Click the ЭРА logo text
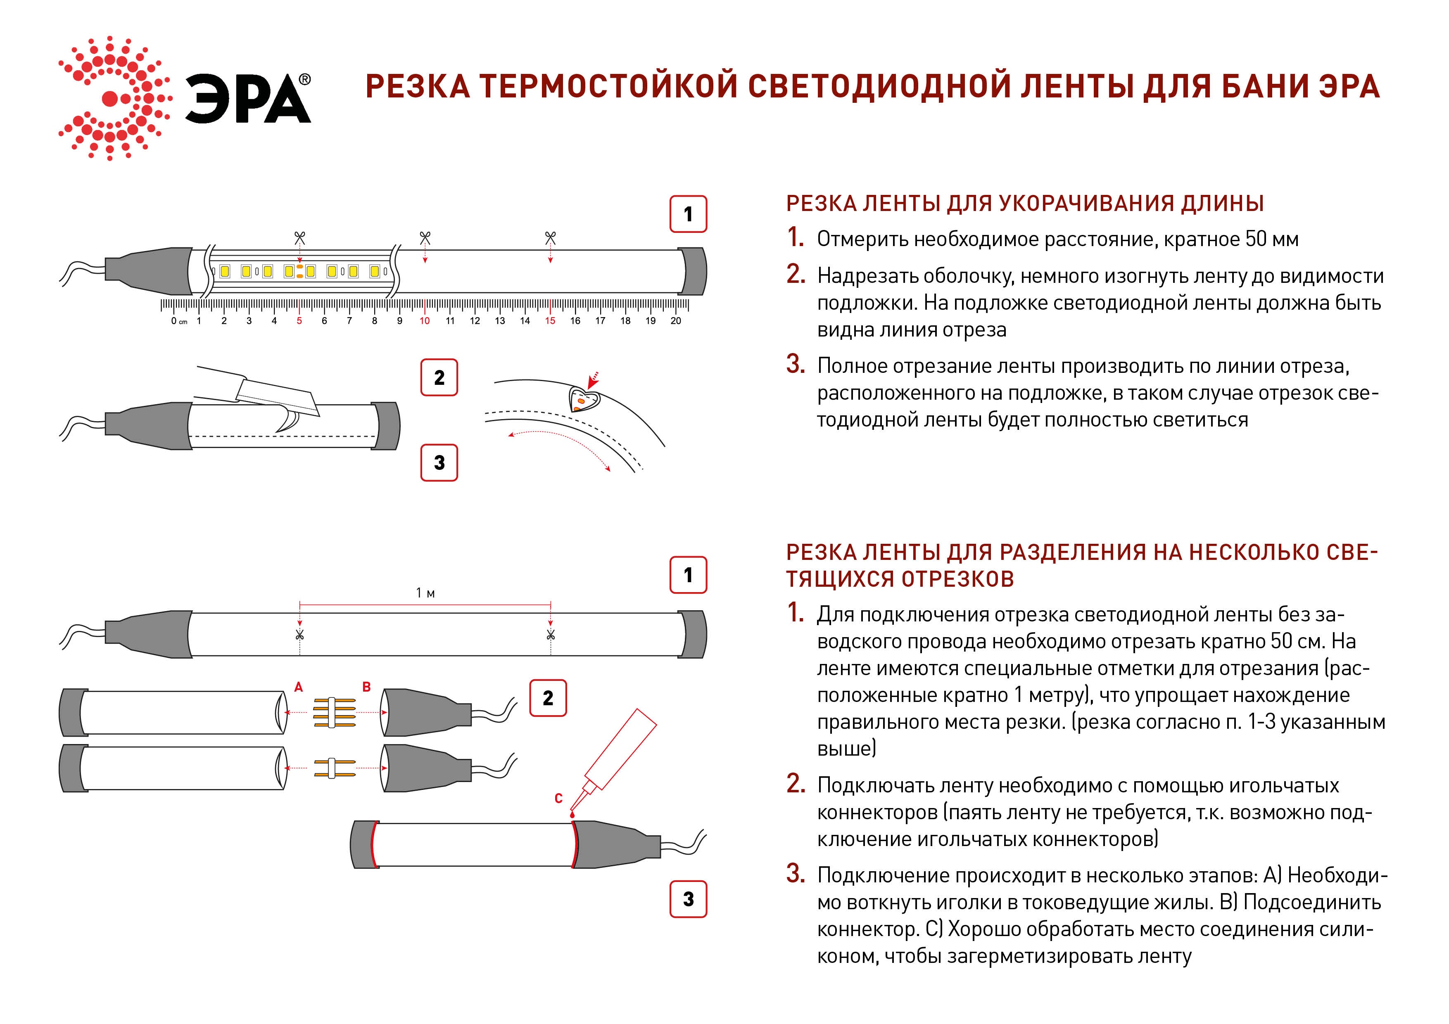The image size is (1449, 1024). pyautogui.click(x=247, y=99)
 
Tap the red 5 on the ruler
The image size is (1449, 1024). pyautogui.click(x=299, y=320)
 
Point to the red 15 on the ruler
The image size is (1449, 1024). pyautogui.click(x=550, y=320)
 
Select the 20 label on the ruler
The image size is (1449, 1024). pyautogui.click(x=675, y=320)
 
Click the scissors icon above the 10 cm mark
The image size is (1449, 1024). pyautogui.click(x=425, y=238)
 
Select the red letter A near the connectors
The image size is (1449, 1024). pyautogui.click(x=299, y=687)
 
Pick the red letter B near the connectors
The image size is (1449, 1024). pyautogui.click(x=366, y=687)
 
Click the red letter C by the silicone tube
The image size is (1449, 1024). pyautogui.click(x=558, y=799)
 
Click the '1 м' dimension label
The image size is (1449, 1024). pyautogui.click(x=425, y=593)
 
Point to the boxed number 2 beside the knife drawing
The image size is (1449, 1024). pyautogui.click(x=439, y=377)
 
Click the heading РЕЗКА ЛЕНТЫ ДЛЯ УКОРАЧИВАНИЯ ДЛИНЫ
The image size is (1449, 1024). pyautogui.click(x=1025, y=204)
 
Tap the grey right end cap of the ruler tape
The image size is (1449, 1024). pyautogui.click(x=693, y=271)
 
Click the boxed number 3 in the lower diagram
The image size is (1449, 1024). pyautogui.click(x=688, y=899)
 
